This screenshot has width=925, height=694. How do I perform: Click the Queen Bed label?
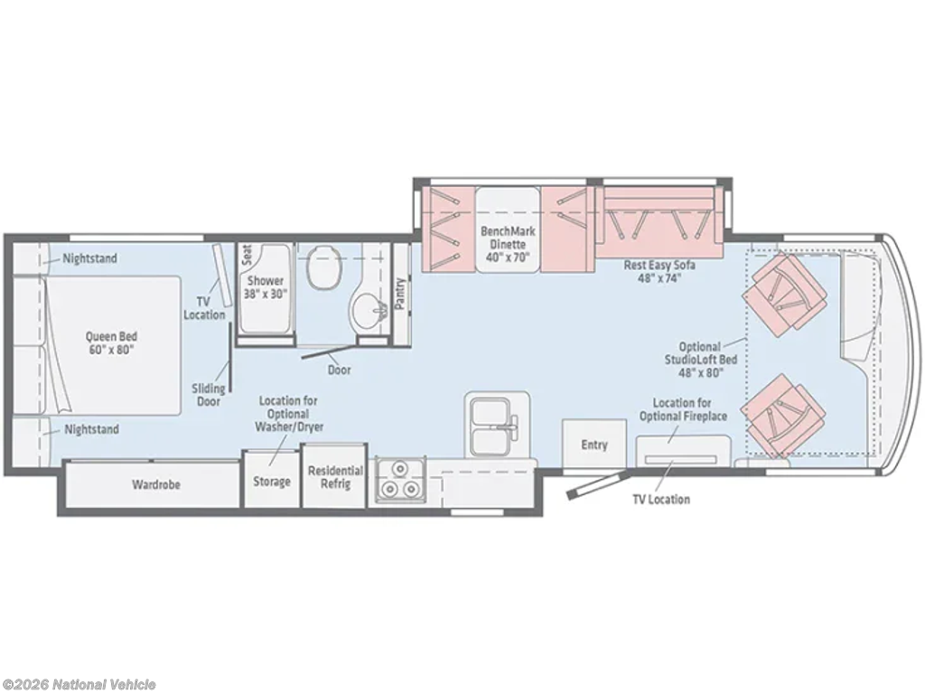click(x=111, y=342)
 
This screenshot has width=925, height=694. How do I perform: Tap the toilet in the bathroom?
click(x=323, y=267)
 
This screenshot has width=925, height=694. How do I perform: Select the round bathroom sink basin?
click(x=367, y=310)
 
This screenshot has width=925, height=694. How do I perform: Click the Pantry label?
click(x=400, y=294)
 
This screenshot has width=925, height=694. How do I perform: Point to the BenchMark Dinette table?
click(x=508, y=230)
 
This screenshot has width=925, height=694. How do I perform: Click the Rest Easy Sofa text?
click(x=659, y=271)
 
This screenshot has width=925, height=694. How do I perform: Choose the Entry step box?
click(x=594, y=444)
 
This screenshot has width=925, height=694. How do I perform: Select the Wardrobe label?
click(x=155, y=484)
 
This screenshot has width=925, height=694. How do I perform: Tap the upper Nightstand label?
click(x=89, y=258)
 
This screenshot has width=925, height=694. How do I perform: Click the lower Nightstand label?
click(x=91, y=429)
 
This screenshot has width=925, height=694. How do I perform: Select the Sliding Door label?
click(x=209, y=395)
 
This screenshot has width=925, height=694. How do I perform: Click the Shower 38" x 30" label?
click(x=266, y=286)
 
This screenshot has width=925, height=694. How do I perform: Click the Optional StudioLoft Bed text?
click(x=701, y=360)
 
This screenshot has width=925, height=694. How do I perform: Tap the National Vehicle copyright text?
click(x=79, y=684)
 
